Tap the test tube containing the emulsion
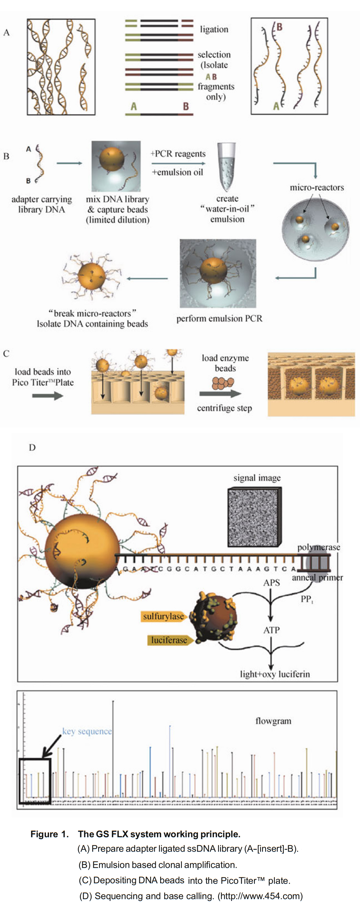[226, 166]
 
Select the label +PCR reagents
[178, 154]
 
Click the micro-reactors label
[317, 187]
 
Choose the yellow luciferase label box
[169, 640]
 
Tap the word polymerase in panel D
[319, 547]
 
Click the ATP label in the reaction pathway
[271, 630]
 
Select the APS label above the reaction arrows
[271, 583]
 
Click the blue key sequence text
[87, 731]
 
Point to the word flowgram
[273, 721]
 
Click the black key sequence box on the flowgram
[35, 780]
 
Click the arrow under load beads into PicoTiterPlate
[47, 396]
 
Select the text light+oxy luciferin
[275, 674]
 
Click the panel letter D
[32, 447]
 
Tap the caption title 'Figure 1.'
[49, 834]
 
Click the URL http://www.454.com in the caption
[260, 896]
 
